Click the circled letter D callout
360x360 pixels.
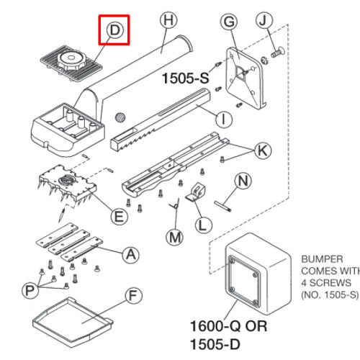point(114,30)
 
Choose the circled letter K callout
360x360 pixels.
point(262,150)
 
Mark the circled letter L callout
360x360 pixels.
point(204,225)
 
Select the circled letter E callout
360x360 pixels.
point(119,215)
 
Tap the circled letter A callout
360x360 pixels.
point(130,253)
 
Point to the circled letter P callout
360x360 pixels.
point(30,290)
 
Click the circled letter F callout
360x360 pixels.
point(132,296)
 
